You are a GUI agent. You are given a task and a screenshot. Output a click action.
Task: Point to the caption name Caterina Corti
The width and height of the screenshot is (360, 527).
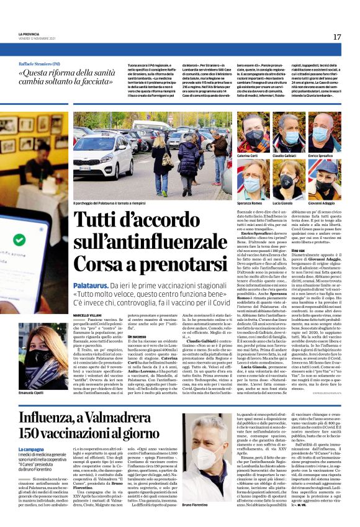point(246,155)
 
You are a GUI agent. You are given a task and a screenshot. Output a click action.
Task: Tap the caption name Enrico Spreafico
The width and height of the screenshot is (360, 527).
point(323,155)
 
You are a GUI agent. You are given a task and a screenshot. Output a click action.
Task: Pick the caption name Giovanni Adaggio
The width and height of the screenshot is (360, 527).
point(323,203)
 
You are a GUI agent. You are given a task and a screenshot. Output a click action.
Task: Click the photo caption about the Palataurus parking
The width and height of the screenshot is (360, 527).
point(121,204)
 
